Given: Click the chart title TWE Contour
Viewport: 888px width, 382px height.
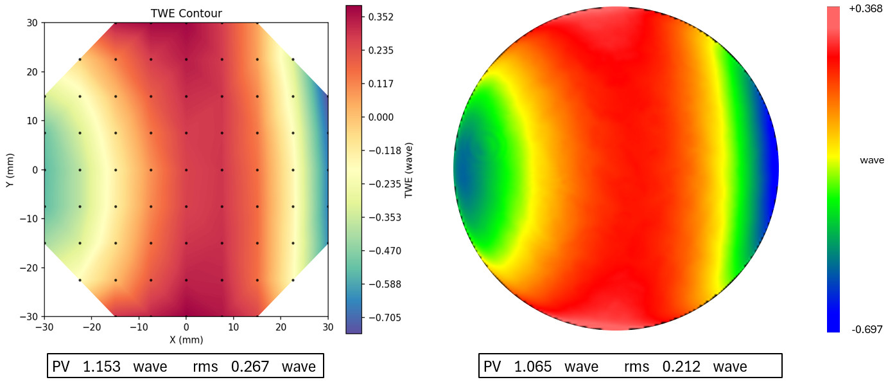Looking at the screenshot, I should [x=186, y=13].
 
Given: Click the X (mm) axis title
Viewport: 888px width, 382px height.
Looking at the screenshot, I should [x=186, y=339].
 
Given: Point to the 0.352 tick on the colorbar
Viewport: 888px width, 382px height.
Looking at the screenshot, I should [x=381, y=17].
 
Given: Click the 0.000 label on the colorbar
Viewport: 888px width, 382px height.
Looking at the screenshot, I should [x=381, y=117].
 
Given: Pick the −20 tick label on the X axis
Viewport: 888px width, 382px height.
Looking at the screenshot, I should [x=92, y=327].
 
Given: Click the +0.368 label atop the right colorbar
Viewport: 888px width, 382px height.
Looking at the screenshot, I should [x=865, y=9].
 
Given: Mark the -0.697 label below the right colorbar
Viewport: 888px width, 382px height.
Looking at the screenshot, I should [x=867, y=329].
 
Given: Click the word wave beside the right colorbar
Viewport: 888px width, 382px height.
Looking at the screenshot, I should [x=871, y=160].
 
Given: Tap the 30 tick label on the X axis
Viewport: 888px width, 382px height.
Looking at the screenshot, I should [x=327, y=327].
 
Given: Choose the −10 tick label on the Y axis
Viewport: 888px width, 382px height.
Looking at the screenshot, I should [x=28, y=219].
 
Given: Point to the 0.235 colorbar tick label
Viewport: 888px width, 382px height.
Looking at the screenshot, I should [x=381, y=50].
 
